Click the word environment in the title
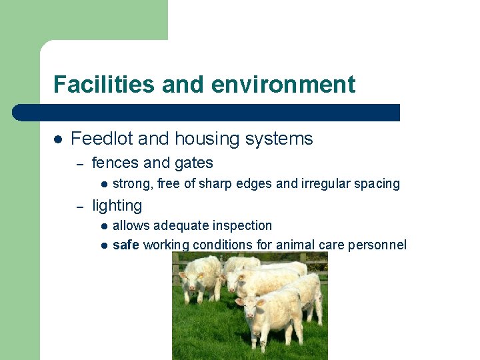point(283,85)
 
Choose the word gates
point(193,163)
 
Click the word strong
point(131,184)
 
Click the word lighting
point(117,206)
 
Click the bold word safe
point(125,245)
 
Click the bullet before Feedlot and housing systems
point(58,139)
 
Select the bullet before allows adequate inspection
point(104,226)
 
